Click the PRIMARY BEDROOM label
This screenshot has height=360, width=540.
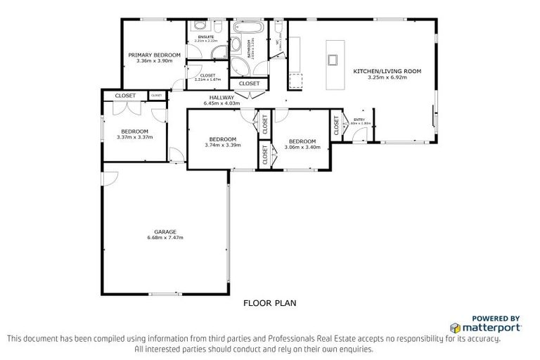(x=154, y=54)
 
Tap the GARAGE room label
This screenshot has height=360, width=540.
(x=165, y=231)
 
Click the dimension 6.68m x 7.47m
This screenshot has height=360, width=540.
(x=165, y=238)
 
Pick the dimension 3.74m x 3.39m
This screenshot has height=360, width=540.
(x=223, y=146)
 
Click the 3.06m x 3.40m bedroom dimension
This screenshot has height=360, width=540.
(x=302, y=147)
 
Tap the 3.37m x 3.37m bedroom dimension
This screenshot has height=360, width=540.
(x=134, y=137)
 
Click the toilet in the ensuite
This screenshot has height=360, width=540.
(x=218, y=27)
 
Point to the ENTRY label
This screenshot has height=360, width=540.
(x=359, y=120)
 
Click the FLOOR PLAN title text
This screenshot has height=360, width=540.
(x=270, y=304)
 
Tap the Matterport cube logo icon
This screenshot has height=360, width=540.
(x=456, y=328)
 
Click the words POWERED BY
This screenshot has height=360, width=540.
(x=495, y=318)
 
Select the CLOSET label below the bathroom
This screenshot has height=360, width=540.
(x=249, y=84)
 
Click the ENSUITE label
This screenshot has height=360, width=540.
(x=205, y=37)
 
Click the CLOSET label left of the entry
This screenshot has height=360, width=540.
(x=336, y=126)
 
